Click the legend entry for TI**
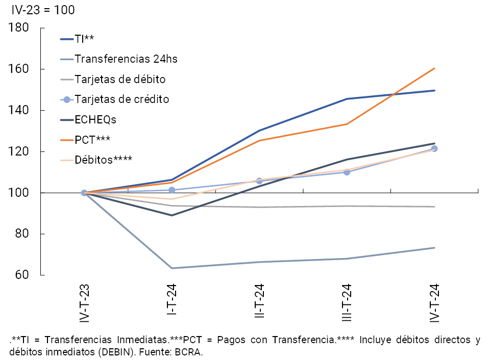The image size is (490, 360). click(84, 39)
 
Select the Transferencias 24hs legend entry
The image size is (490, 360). click(126, 59)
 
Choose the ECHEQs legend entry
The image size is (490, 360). click(95, 119)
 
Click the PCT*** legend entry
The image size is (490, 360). click(92, 139)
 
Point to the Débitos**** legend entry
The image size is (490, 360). click(104, 159)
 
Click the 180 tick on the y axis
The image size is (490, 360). click(18, 28)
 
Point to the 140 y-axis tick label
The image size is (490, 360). click(18, 110)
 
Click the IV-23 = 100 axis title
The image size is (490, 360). click(43, 10)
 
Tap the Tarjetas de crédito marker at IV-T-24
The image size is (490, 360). click(434, 149)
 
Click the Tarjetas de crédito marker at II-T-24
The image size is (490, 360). click(259, 181)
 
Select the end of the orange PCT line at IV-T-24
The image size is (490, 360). click(434, 68)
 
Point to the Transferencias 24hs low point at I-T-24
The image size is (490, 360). click(171, 268)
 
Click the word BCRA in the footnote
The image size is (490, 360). click(190, 352)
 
